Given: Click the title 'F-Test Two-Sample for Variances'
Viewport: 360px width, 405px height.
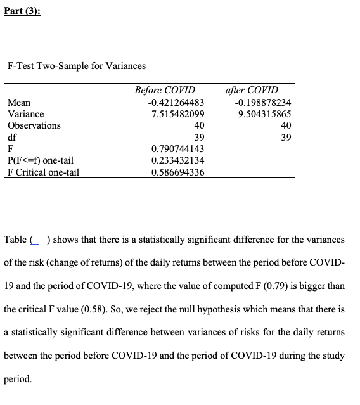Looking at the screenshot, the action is tap(76, 66).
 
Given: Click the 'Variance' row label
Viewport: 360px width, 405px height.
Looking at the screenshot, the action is tap(25, 114).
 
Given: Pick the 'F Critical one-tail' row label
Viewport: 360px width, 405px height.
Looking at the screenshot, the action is tap(43, 172).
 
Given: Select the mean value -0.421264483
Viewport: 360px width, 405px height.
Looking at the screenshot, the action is tap(176, 102).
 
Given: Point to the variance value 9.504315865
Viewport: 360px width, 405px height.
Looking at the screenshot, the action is tap(265, 114).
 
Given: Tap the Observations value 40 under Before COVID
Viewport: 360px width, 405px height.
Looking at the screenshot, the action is tap(198, 125).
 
